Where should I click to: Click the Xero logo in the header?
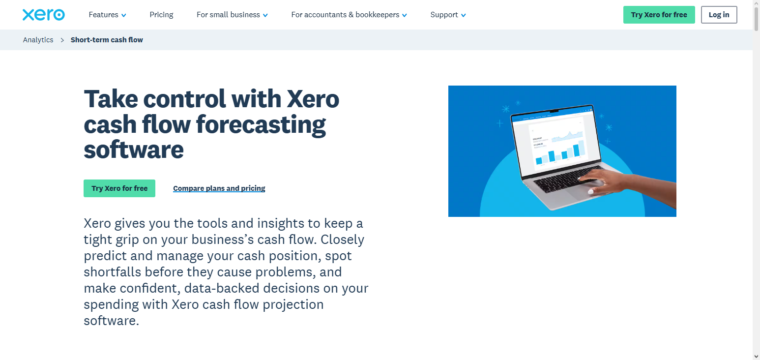coord(43,15)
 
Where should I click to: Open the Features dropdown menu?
coord(107,15)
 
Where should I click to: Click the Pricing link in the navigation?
coord(161,15)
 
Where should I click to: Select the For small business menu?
coord(232,15)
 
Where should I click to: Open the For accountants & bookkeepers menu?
coord(349,15)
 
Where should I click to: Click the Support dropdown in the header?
coord(448,15)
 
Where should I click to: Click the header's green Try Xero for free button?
coord(659,15)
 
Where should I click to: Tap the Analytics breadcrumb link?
coord(38,40)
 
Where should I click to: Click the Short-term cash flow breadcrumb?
coord(107,40)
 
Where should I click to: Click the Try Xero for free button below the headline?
coord(119,188)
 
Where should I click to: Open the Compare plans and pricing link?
coord(219,188)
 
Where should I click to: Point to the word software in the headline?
coord(134,150)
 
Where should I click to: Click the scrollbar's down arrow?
coord(756,356)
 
